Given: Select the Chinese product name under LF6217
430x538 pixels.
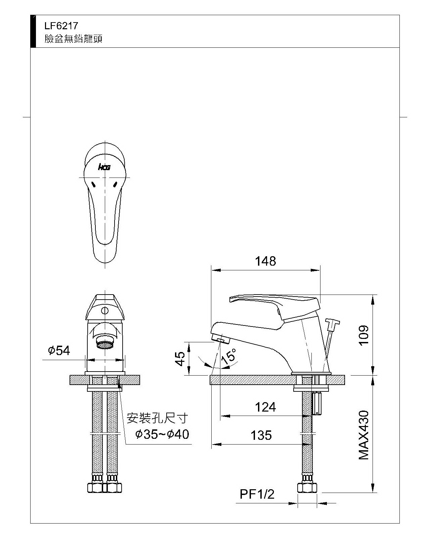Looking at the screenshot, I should tap(73, 39).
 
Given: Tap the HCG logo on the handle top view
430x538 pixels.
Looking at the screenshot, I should tap(104, 167).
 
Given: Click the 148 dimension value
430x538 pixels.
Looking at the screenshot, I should tap(265, 261).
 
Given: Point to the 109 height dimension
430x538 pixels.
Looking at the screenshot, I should tap(363, 335).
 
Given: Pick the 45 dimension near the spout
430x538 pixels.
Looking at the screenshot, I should tap(180, 358).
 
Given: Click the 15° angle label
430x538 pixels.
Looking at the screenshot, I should tap(229, 355).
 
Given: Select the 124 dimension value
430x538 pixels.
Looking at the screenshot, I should tap(265, 407).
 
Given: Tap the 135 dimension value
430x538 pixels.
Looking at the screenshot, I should tap(261, 435).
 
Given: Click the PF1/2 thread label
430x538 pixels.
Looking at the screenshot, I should tap(257, 494).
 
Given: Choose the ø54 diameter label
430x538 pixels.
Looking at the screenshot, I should tap(59, 351).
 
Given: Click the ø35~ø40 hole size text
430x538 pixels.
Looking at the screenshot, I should tap(162, 434).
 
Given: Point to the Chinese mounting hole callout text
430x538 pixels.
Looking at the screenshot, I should tap(157, 419).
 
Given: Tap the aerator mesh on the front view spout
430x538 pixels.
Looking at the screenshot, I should tap(105, 344).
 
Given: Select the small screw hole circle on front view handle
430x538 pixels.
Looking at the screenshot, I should tap(105, 310).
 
